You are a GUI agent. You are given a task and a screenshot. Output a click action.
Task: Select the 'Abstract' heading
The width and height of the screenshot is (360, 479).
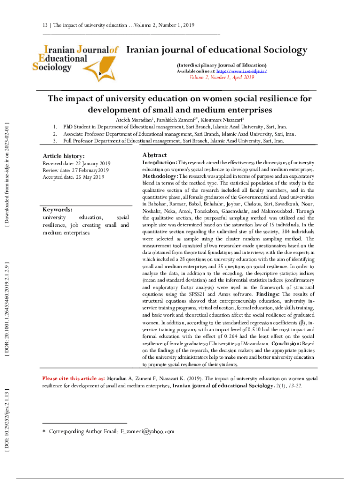tap(155, 155)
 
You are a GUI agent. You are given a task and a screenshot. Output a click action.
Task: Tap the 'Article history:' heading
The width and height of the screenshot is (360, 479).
tap(64, 156)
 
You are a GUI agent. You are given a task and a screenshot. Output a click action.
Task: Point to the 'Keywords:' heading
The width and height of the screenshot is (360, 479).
tap(57, 210)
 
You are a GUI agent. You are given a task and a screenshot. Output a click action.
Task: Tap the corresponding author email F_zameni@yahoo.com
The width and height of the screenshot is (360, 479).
tap(147, 431)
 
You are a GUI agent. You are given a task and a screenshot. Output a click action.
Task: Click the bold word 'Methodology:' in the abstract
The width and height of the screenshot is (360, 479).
tap(160, 176)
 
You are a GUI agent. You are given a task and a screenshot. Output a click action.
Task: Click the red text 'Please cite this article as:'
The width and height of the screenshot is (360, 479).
tap(73, 378)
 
